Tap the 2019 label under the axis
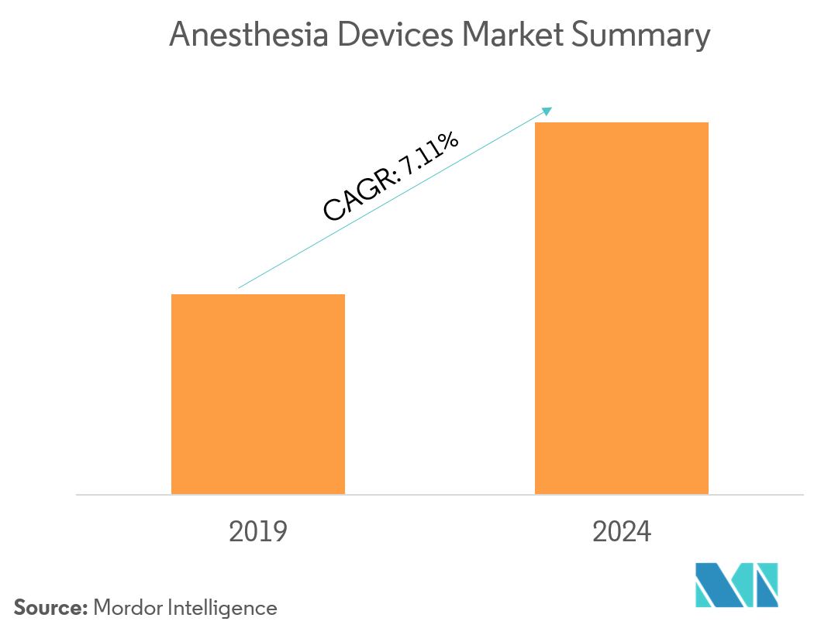point(258,532)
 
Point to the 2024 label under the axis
point(622,532)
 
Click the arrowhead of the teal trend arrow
point(548,110)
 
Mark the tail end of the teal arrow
point(239,288)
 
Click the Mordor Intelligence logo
point(736,584)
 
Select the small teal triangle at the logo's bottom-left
point(702,599)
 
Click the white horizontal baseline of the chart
point(434,494)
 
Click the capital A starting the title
point(178,36)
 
